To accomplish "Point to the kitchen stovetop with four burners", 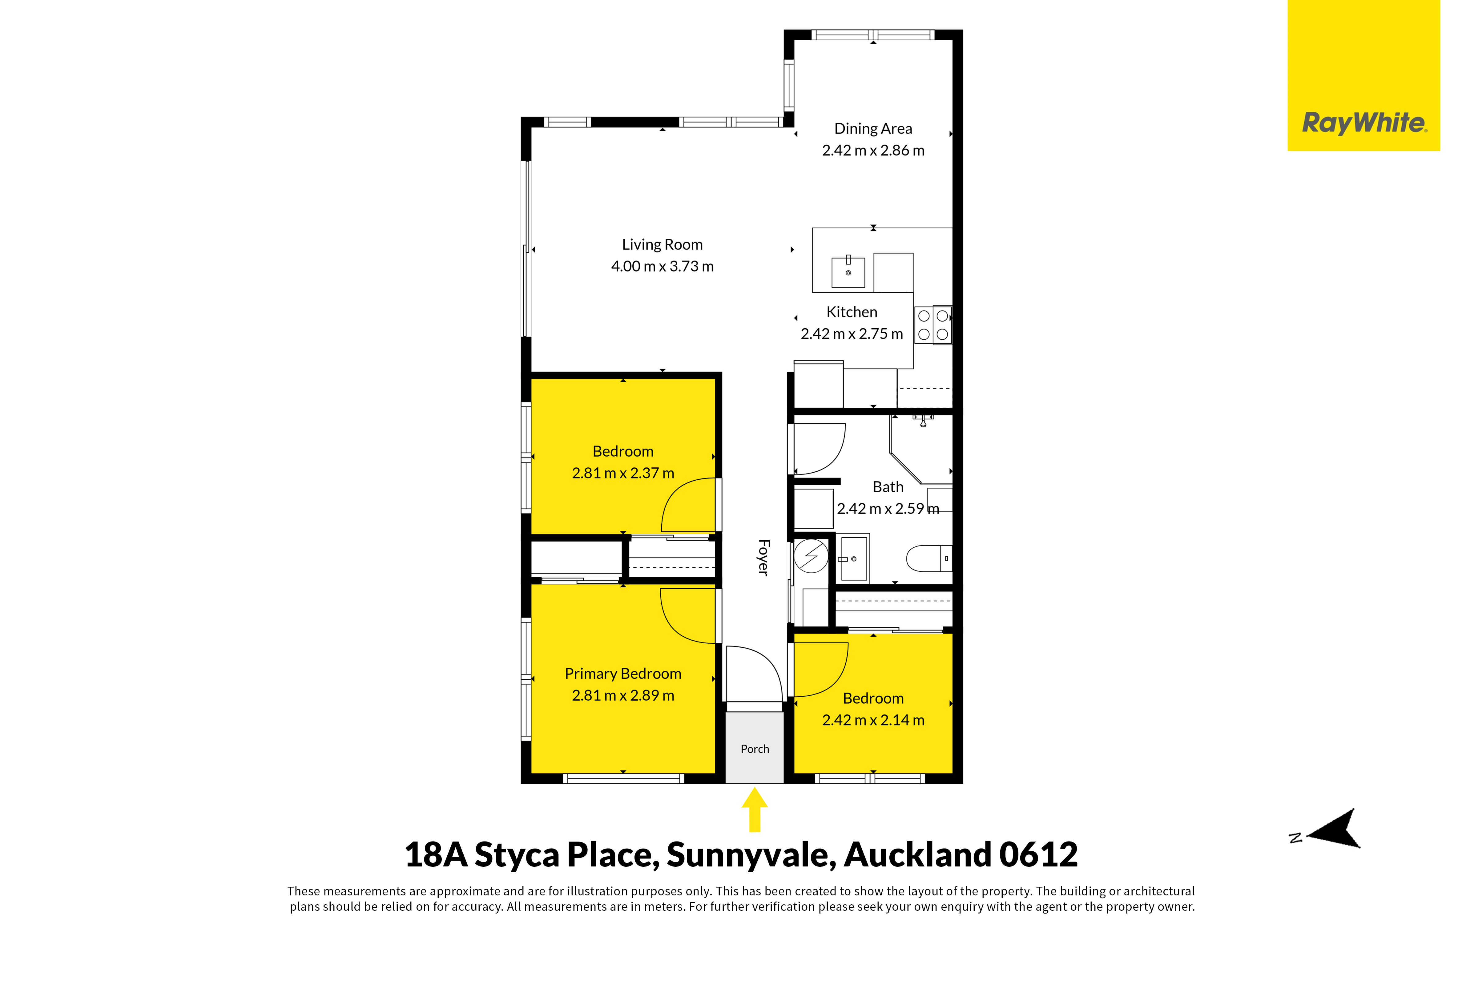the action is tap(933, 325).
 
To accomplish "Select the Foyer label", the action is tap(763, 558).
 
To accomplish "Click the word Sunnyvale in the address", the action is tap(751, 855).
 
